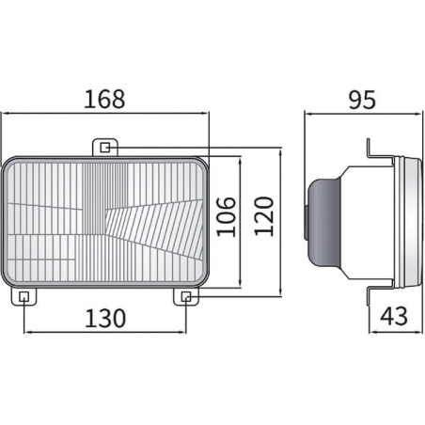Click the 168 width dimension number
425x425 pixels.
tap(104, 100)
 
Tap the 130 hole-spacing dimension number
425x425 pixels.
tap(105, 319)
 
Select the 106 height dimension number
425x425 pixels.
tap(226, 216)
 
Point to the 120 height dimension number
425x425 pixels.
tap(263, 216)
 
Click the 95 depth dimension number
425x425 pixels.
tap(362, 100)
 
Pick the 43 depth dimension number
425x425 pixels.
tap(394, 316)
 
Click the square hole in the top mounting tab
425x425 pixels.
tap(105, 148)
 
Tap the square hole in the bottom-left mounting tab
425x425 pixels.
tap(24, 296)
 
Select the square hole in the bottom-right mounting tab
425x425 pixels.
tap(186, 296)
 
